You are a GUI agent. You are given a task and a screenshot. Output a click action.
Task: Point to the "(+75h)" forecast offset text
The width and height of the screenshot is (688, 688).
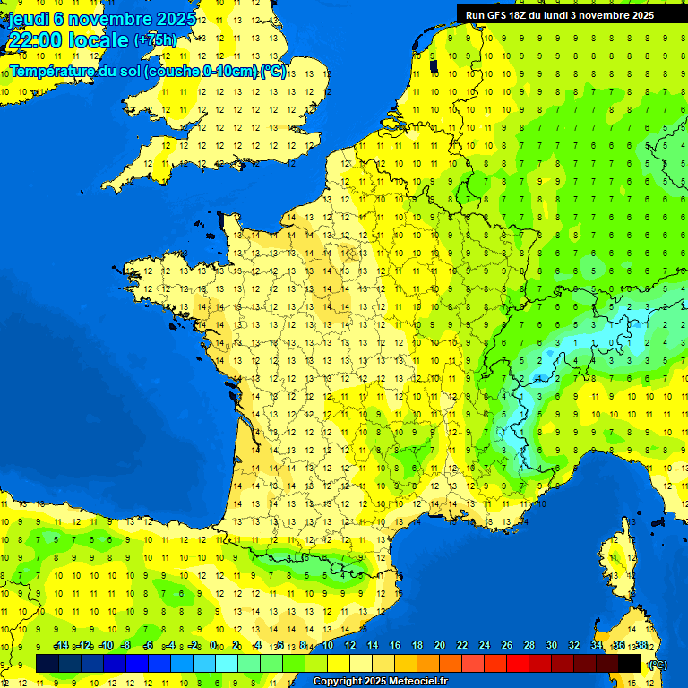point(155,40)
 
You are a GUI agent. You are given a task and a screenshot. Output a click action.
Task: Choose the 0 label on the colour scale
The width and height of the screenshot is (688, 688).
point(213,646)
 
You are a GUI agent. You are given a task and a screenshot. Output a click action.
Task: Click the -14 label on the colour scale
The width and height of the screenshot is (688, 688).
point(61,646)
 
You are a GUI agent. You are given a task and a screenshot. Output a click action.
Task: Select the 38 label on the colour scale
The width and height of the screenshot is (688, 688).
point(641,646)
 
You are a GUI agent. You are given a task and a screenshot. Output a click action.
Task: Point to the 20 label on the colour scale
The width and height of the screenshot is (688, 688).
point(439,646)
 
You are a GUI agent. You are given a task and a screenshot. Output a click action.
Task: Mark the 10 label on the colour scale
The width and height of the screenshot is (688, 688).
point(327,646)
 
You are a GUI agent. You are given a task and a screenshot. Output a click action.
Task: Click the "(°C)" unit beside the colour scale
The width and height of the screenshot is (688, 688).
point(658,665)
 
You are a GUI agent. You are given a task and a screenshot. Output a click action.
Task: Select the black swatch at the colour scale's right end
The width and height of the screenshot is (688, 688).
point(630,663)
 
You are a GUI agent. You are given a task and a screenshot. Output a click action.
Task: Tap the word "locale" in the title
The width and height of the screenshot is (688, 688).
point(98,40)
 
